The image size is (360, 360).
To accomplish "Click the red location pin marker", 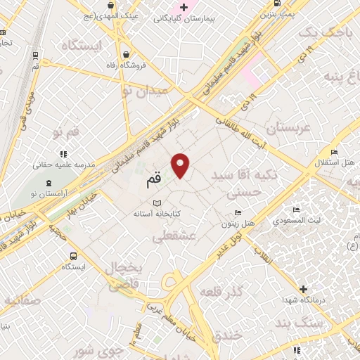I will (x=181, y=165).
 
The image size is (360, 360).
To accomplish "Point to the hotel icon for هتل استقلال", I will (x=335, y=152).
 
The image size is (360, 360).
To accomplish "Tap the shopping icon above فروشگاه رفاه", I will (x=125, y=55).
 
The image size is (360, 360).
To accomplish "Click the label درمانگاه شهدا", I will (x=302, y=300).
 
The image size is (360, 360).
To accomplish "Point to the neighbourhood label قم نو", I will (x=67, y=131).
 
